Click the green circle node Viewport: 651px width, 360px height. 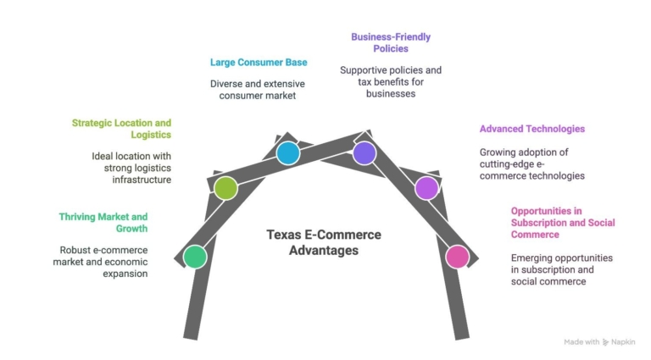(x=195, y=256)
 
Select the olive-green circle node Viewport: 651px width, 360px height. (x=225, y=188)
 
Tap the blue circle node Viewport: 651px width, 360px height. (x=288, y=153)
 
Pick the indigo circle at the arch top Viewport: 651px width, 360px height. (x=364, y=152)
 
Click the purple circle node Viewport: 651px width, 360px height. (x=426, y=188)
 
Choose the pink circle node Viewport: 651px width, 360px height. (x=457, y=256)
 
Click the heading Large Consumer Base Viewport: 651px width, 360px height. (x=259, y=62)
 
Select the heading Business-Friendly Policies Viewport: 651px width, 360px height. (x=391, y=42)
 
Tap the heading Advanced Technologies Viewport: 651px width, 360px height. (x=532, y=129)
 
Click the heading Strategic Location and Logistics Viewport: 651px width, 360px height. (x=121, y=129)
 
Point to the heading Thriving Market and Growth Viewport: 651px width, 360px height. (x=103, y=223)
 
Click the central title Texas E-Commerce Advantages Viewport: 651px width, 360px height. (x=324, y=242)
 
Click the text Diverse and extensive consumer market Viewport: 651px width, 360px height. (x=259, y=90)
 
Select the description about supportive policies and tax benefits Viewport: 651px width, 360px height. (x=391, y=81)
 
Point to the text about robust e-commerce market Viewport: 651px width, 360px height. (x=103, y=262)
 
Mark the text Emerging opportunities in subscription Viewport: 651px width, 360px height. (x=561, y=269)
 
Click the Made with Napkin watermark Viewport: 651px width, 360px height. (x=600, y=341)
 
